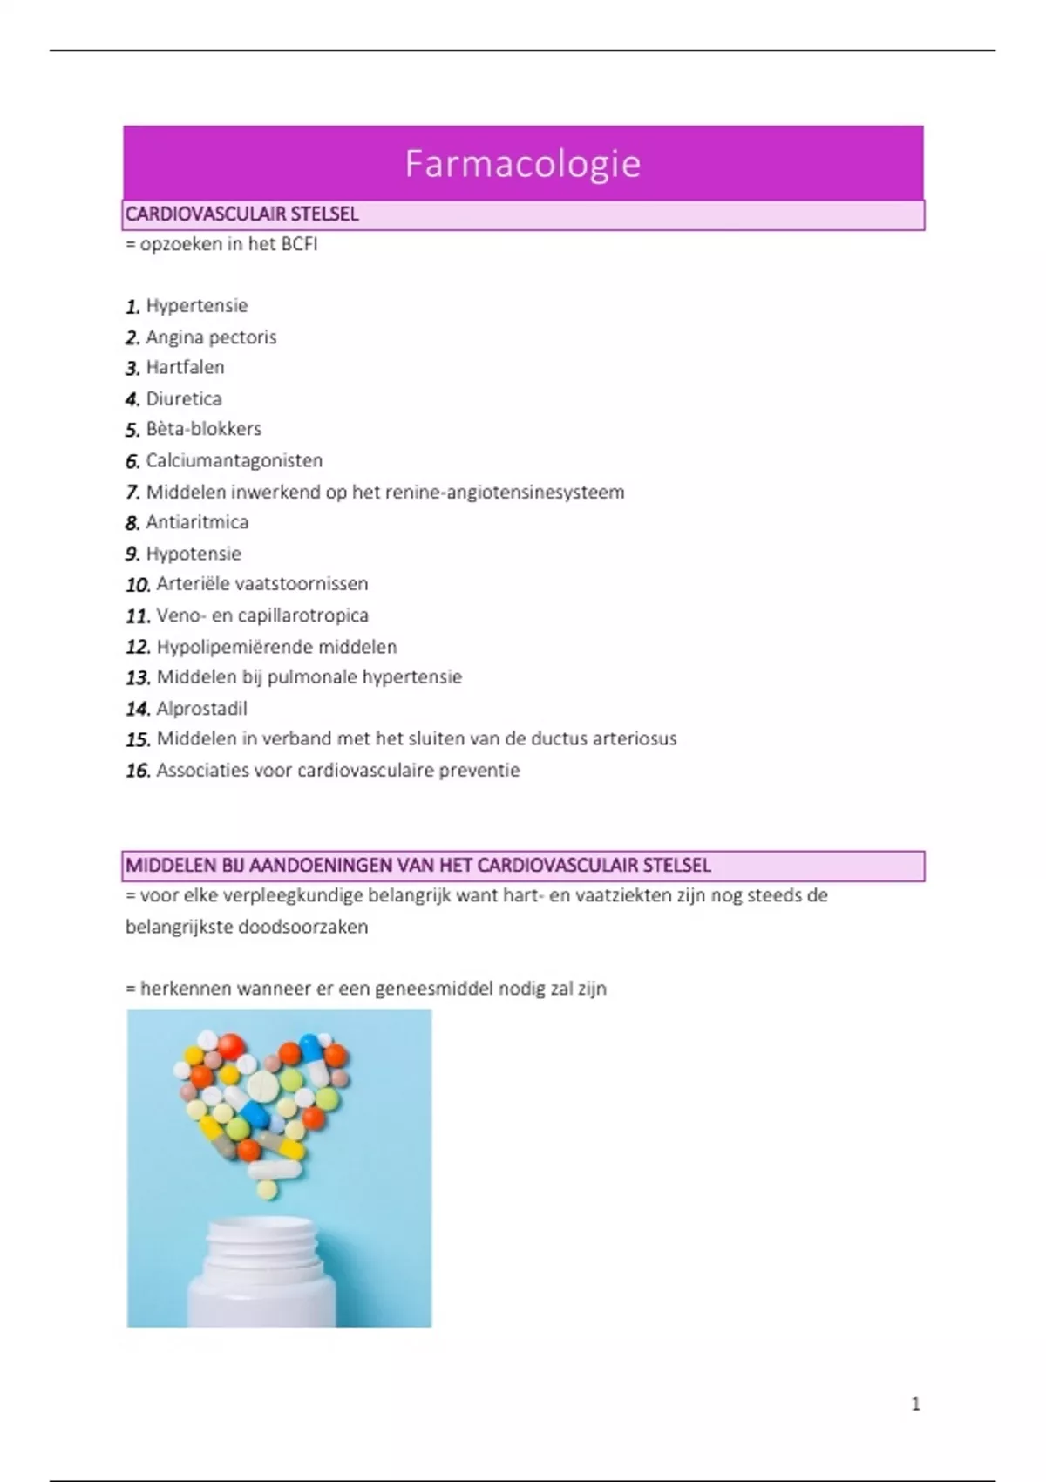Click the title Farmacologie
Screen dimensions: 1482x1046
[x=523, y=164]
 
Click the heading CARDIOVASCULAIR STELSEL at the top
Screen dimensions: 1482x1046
[x=242, y=214]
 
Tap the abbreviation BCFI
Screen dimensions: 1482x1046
[x=299, y=245]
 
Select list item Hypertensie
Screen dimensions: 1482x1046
[x=197, y=306]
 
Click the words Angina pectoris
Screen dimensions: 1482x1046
[x=211, y=337]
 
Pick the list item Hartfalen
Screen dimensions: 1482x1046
[x=185, y=368]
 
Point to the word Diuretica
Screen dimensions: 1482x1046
[x=184, y=399]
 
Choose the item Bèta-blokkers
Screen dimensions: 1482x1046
[x=204, y=429]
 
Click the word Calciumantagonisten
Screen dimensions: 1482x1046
[x=234, y=460]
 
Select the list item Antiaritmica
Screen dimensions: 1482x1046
[x=197, y=522]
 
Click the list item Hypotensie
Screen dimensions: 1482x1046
[x=194, y=554]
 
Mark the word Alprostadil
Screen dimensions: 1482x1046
[x=202, y=709]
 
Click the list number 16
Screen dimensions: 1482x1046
[x=138, y=771]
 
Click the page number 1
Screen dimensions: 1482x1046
[x=915, y=1404]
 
